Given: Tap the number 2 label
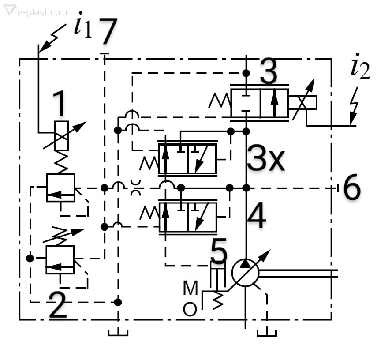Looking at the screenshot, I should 59,304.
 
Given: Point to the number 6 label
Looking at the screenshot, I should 351,188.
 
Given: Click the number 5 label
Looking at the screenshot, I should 219,253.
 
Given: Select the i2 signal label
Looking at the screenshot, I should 359,68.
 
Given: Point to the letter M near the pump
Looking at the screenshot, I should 190,289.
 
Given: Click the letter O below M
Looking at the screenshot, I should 190,310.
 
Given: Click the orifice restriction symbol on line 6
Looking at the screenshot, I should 136,188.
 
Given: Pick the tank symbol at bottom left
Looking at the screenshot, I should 118,332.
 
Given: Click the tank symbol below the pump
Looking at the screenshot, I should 267,332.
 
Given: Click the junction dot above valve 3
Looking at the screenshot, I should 246,72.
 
